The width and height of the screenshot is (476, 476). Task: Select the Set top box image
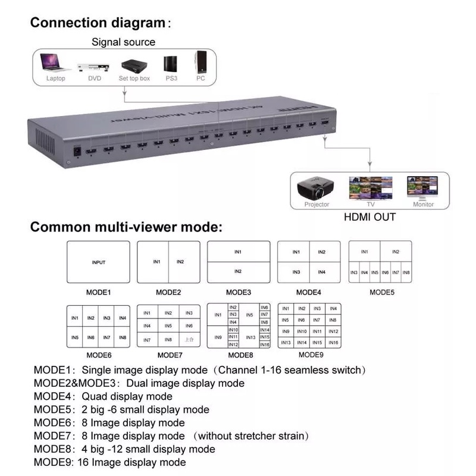(x=134, y=64)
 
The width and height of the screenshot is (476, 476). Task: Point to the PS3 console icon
(x=170, y=64)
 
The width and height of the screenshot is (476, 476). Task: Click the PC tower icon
(x=201, y=62)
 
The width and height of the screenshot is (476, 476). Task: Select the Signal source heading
(x=123, y=42)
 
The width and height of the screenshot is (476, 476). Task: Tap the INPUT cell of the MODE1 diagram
(x=99, y=262)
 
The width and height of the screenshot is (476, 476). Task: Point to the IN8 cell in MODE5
(x=406, y=272)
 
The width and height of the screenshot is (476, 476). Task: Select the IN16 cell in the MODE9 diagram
(x=334, y=343)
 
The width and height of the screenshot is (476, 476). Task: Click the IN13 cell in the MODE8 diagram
(x=250, y=337)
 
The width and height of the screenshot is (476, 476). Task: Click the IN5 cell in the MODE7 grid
(x=168, y=326)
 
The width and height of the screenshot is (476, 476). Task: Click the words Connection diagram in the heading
(x=97, y=23)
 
